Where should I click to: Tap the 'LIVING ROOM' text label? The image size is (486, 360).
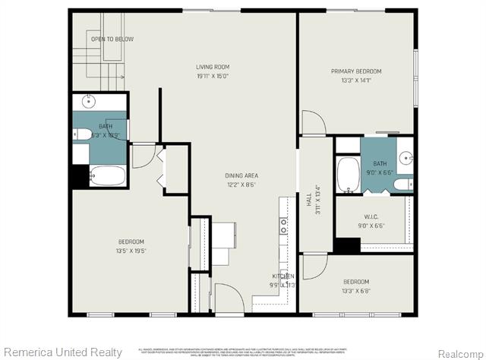pyautogui.click(x=213, y=68)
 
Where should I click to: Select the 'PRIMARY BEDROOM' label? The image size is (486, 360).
pyautogui.click(x=355, y=71)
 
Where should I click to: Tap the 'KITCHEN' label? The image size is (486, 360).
pyautogui.click(x=284, y=276)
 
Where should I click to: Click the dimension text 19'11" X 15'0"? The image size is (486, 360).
pyautogui.click(x=213, y=76)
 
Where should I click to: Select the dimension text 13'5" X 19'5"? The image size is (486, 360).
pyautogui.click(x=131, y=250)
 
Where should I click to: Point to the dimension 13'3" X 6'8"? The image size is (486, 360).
pyautogui.click(x=355, y=289)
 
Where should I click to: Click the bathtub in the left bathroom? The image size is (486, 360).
pyautogui.click(x=107, y=176)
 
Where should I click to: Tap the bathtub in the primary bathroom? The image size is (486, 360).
pyautogui.click(x=348, y=175)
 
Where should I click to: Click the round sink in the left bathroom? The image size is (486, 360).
pyautogui.click(x=88, y=101)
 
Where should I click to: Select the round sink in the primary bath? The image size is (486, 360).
pyautogui.click(x=406, y=159)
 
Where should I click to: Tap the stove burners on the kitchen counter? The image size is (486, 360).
pyautogui.click(x=283, y=226)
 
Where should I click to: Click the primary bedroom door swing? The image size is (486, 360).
pyautogui.click(x=312, y=122)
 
